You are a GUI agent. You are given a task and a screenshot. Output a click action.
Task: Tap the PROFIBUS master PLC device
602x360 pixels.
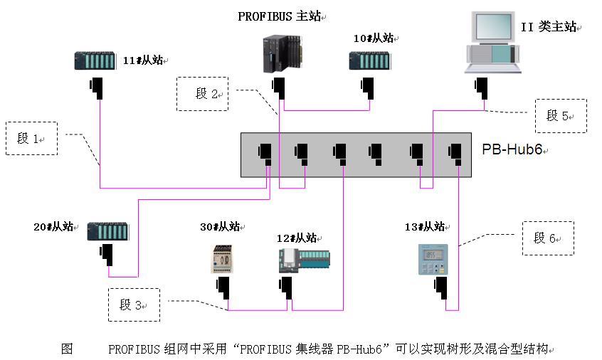(x=283, y=55)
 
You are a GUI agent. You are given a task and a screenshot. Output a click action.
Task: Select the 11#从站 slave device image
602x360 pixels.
(x=95, y=61)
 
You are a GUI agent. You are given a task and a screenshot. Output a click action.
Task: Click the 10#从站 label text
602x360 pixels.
(x=374, y=38)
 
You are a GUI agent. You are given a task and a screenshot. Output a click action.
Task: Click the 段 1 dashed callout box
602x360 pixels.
(x=31, y=139)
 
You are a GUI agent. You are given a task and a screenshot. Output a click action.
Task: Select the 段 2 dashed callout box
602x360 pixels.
(x=203, y=93)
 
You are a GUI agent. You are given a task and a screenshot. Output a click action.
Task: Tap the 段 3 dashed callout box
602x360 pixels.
(x=133, y=305)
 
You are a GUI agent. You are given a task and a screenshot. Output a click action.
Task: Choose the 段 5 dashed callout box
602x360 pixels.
(x=561, y=116)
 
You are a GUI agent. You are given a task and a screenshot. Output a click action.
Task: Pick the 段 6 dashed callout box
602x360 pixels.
(x=547, y=238)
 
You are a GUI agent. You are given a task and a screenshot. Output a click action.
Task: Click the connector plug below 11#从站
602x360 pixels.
(x=97, y=89)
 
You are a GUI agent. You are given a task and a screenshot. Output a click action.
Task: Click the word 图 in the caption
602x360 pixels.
(x=67, y=349)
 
